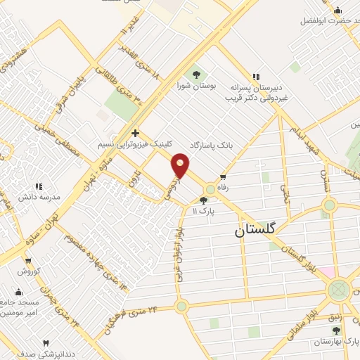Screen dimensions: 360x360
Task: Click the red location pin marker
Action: (181, 165)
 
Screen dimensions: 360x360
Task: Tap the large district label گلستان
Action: (254, 229)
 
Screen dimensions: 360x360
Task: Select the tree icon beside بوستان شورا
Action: (195, 74)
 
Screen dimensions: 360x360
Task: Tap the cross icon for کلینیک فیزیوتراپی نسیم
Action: (134, 132)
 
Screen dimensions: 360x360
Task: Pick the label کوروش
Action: (31, 271)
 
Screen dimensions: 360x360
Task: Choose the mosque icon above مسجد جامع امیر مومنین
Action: (19, 292)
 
